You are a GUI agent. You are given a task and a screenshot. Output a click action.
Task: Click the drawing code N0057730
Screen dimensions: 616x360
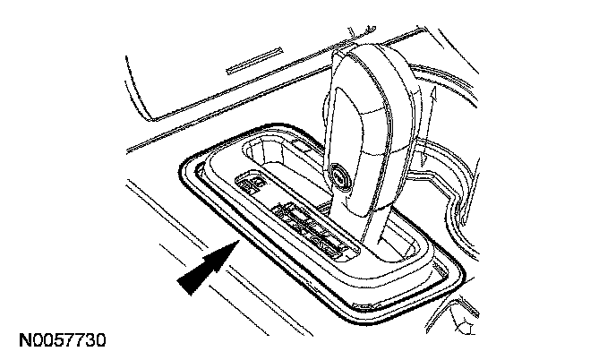click(60, 340)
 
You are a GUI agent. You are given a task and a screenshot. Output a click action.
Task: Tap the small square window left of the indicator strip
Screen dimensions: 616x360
click(249, 184)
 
